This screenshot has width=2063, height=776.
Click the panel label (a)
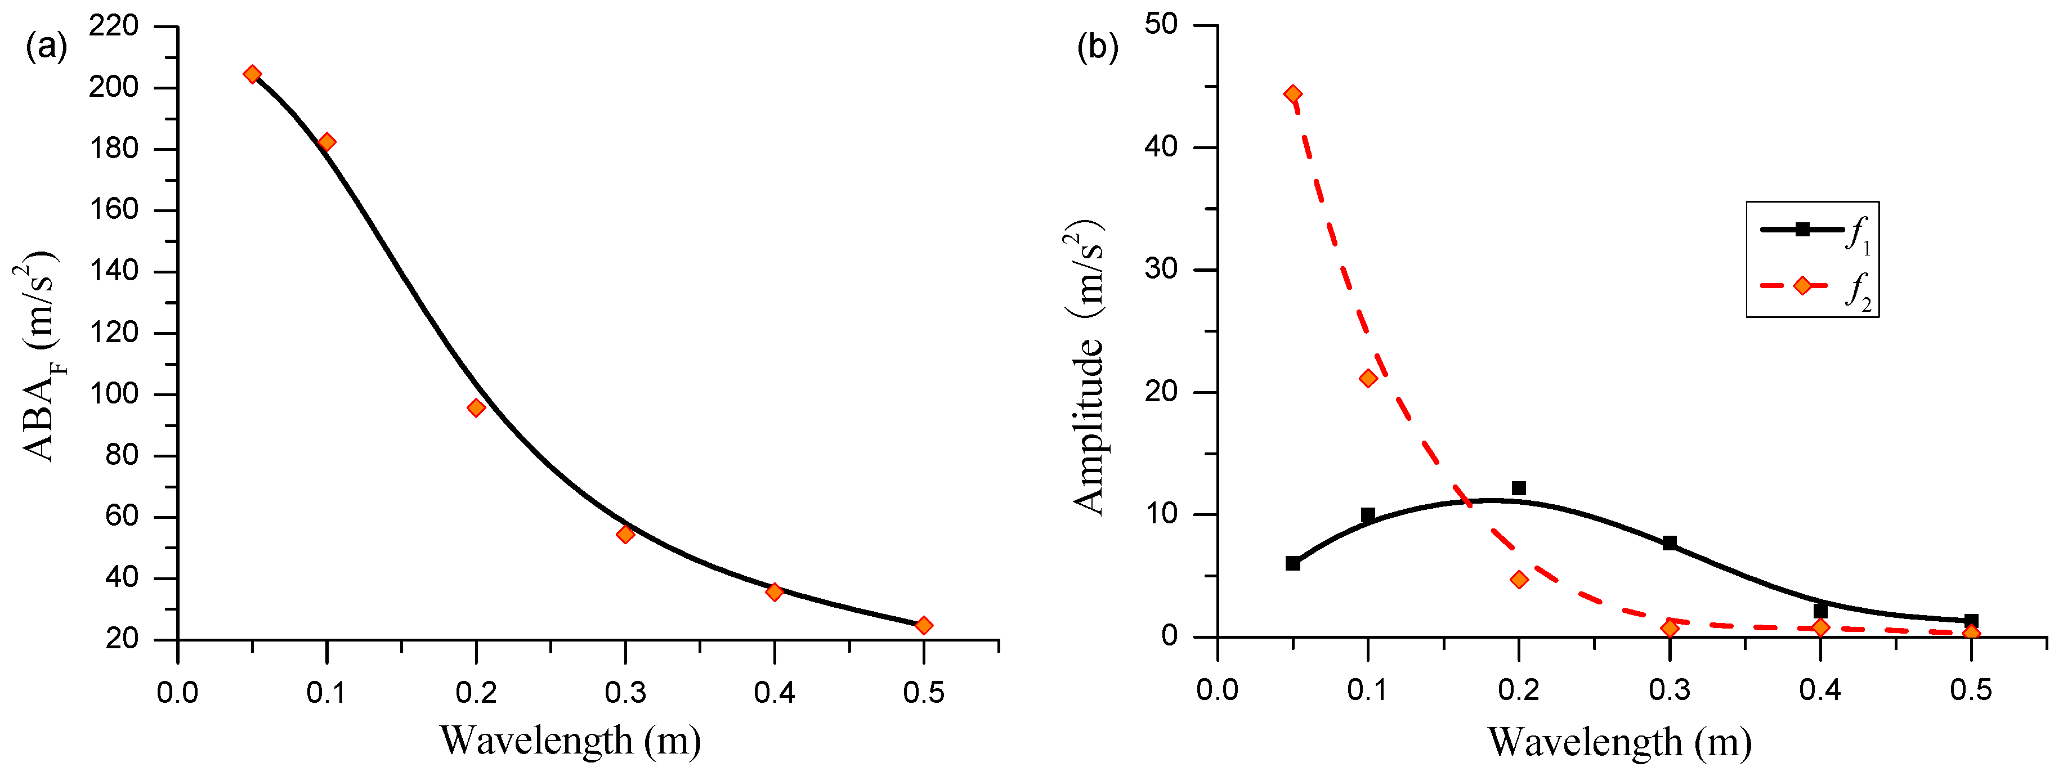click(x=46, y=47)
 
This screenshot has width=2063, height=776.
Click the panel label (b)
click(x=1097, y=47)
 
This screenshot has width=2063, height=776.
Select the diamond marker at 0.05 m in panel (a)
click(x=252, y=74)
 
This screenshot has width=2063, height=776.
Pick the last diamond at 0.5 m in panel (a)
click(x=923, y=625)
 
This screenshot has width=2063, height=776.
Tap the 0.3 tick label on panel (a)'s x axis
click(x=625, y=692)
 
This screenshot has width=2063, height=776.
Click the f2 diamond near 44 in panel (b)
click(x=1292, y=95)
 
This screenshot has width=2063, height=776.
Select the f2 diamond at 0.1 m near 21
click(x=1368, y=378)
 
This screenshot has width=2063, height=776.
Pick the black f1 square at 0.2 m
click(x=1519, y=488)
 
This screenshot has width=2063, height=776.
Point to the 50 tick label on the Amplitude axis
click(x=1161, y=25)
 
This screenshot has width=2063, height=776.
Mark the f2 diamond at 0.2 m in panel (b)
click(x=1519, y=580)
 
